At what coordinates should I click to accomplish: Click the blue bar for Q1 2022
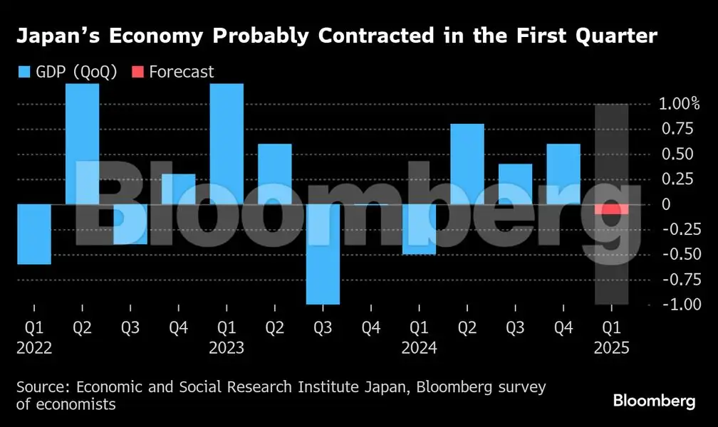point(34,234)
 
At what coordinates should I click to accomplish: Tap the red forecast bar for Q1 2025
point(611,209)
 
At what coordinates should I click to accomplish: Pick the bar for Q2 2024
point(467,164)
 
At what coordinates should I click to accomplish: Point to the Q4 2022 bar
point(178,189)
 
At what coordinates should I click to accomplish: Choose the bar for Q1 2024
point(419,229)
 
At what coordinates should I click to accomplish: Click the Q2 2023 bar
point(274,174)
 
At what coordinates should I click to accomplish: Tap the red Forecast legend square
point(137,71)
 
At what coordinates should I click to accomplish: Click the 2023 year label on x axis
point(227,349)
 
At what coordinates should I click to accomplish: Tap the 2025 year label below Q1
point(611,349)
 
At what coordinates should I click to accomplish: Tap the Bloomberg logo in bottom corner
point(654,401)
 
